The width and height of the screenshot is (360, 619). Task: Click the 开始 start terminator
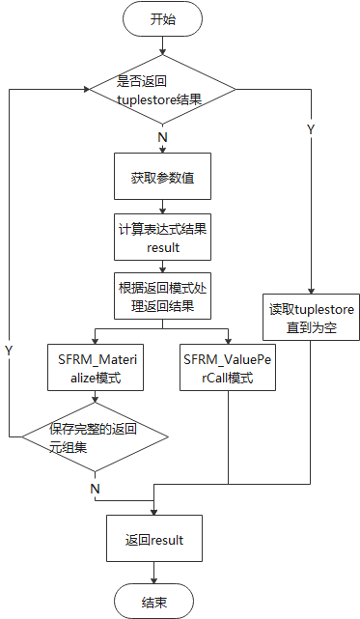[x=162, y=19]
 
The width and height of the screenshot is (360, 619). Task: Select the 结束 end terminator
[x=154, y=602]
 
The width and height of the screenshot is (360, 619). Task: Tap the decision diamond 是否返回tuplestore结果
[x=162, y=91]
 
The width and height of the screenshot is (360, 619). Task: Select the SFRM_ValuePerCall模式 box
[x=228, y=367]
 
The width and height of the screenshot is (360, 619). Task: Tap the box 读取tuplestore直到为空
[x=312, y=317]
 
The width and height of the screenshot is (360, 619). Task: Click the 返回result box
[x=154, y=539]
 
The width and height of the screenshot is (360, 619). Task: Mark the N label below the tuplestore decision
[x=162, y=137]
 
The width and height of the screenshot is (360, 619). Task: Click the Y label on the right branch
[x=310, y=128]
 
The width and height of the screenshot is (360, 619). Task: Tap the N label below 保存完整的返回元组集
[x=95, y=489]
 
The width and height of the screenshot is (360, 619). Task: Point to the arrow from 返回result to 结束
[x=154, y=573]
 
